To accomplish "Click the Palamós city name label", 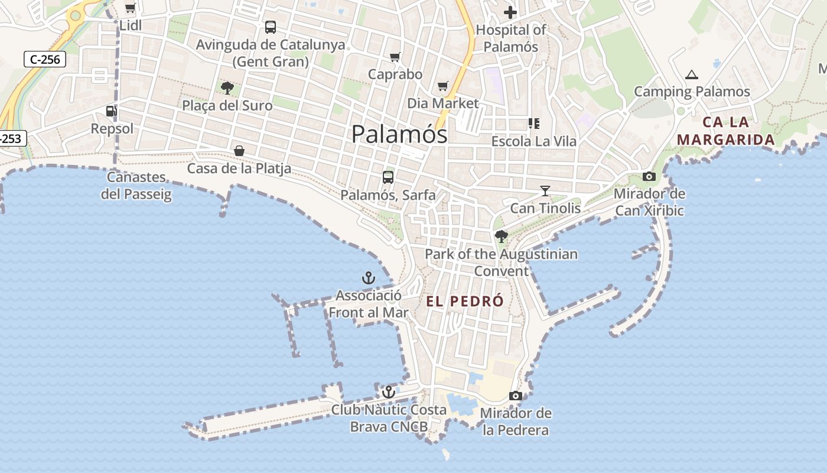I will tap(399, 134).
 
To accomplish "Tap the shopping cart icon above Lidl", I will tap(130, 8).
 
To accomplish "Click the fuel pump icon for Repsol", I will tap(111, 111).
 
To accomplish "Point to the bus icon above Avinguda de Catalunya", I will tap(270, 27).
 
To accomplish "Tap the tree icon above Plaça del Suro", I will tap(227, 88).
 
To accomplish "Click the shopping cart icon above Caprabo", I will tap(395, 57).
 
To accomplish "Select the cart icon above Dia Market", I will tap(443, 86).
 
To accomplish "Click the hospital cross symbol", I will tap(510, 12).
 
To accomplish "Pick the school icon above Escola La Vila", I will tap(533, 124).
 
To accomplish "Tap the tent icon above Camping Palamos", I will tap(692, 74).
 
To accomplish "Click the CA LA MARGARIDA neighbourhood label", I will tap(725, 131).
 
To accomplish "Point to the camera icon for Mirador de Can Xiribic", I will tap(649, 176).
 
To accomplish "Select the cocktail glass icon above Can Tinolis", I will tap(545, 190).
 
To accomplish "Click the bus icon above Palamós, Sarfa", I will tap(388, 177).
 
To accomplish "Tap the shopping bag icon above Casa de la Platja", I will tap(239, 151).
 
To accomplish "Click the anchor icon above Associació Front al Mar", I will tap(369, 277).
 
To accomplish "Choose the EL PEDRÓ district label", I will tap(465, 301).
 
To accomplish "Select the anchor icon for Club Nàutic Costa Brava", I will tap(388, 391).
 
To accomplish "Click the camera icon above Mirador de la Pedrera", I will tap(516, 396).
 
